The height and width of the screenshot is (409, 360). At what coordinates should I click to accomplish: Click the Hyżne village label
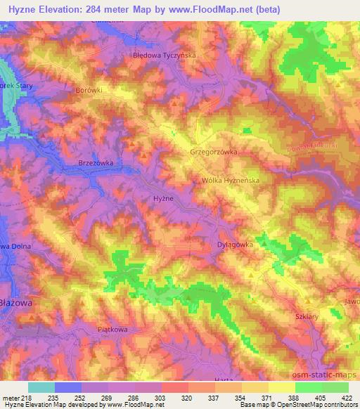click(x=163, y=200)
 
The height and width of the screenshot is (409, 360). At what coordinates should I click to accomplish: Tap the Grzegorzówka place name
click(x=214, y=151)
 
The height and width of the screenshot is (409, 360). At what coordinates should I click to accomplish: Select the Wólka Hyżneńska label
click(x=230, y=180)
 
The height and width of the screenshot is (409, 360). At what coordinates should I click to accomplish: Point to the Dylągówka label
click(x=231, y=245)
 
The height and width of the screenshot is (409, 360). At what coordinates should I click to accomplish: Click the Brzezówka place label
click(x=96, y=162)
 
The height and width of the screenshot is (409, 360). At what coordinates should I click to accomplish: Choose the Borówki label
click(x=89, y=91)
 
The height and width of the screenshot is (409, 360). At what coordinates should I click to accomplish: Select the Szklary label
click(x=308, y=317)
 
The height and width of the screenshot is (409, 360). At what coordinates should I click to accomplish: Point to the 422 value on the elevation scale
click(x=348, y=398)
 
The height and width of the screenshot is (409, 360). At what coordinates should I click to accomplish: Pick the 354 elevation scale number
click(x=240, y=398)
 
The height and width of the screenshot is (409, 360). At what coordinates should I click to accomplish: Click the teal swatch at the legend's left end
click(x=41, y=387)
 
